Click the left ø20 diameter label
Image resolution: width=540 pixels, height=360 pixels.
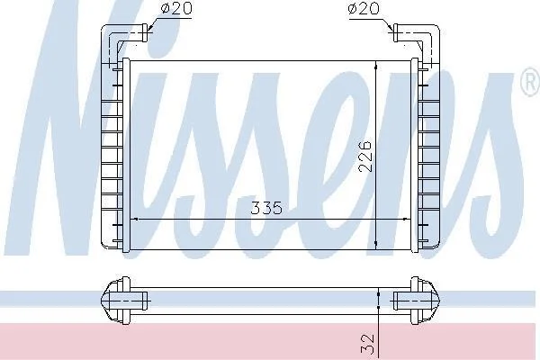176,8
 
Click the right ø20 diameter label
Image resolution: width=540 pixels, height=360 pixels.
364,8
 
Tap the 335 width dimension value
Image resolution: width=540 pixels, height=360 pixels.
266,208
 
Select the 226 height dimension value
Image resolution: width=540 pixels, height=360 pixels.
365,156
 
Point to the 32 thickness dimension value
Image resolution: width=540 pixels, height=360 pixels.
367,344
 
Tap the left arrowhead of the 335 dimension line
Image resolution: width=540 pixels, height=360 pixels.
135,219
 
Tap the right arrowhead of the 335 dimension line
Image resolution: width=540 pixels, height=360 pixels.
405,219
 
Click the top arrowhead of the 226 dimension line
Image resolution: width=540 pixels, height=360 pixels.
376,66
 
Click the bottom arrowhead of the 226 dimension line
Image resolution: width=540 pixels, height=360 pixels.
376,245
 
